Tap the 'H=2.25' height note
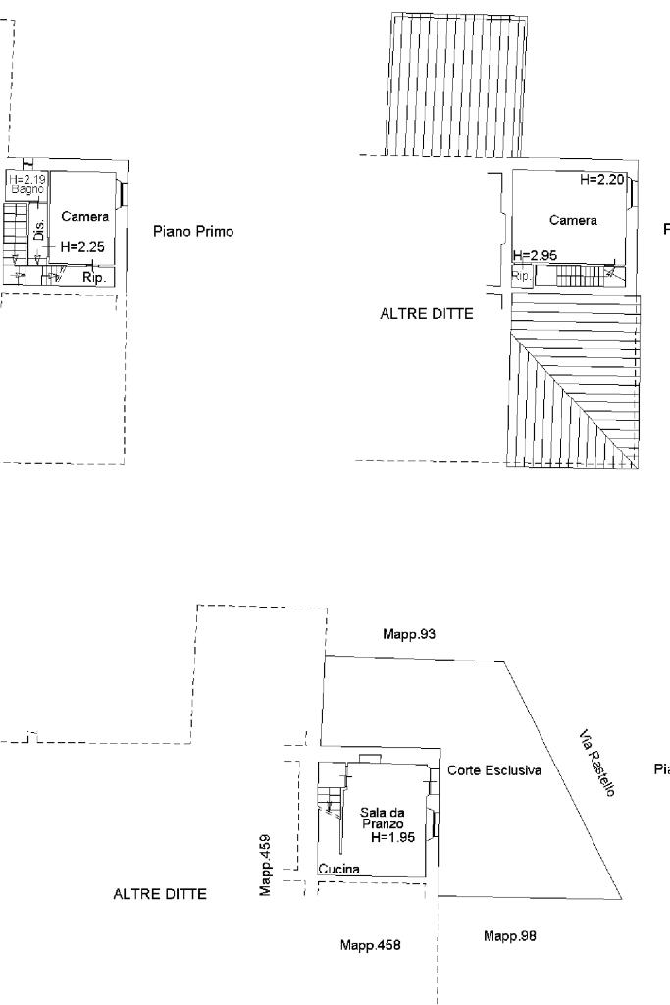point(81,247)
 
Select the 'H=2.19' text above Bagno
point(26,179)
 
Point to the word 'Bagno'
point(26,188)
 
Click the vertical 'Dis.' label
point(39,232)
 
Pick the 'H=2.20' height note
point(600,180)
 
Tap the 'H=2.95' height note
point(536,255)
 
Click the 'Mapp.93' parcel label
point(409,634)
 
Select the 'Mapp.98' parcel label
point(510,936)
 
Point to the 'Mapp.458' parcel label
point(370,945)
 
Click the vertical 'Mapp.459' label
point(265,864)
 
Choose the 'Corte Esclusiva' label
point(494,771)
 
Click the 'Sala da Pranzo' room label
point(382,818)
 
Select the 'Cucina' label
point(338,869)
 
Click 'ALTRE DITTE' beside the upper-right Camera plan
point(427,315)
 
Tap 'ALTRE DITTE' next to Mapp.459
point(160,895)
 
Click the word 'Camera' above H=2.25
point(84,216)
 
